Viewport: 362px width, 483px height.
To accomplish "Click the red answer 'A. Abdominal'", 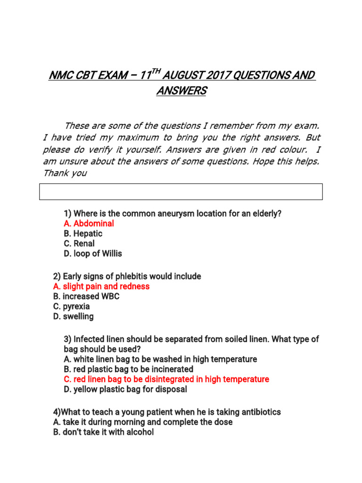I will [x=89, y=224].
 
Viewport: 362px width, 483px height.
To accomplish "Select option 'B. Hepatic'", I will [x=82, y=233].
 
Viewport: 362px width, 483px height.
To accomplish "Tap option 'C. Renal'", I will [x=79, y=243].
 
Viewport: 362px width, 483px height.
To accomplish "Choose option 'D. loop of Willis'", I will [x=92, y=253].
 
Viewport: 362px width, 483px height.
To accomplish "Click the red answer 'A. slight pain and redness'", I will [x=101, y=286].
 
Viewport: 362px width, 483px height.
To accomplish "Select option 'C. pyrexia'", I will [x=72, y=306].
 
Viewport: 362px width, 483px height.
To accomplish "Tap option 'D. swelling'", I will [x=74, y=316].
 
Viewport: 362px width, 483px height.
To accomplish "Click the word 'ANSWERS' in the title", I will [x=181, y=91].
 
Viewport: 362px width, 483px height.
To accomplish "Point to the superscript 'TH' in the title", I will [x=157, y=71].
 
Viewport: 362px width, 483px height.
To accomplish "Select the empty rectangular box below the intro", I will [x=181, y=192].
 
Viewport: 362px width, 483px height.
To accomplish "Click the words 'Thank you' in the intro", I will [x=65, y=173].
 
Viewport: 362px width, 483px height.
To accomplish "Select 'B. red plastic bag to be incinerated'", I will [x=128, y=369].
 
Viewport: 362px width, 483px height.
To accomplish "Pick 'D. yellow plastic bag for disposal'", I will [x=125, y=389].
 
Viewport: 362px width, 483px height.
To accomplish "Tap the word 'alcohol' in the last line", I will [x=139, y=432].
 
